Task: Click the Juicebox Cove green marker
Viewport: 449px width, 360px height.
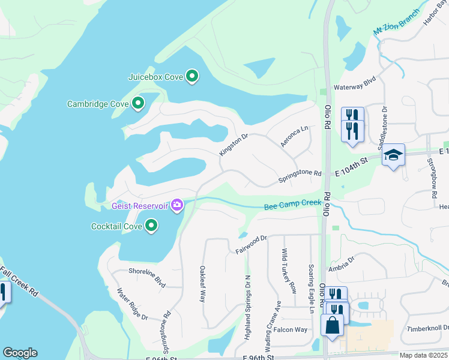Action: (x=192, y=76)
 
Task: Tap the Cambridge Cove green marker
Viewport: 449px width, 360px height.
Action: (x=137, y=104)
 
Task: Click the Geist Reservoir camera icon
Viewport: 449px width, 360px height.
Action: (x=176, y=206)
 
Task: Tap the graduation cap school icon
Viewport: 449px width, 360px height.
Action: (x=393, y=155)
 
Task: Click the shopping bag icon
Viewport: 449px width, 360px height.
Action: (x=332, y=326)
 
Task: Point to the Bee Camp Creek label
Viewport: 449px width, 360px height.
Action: (x=292, y=205)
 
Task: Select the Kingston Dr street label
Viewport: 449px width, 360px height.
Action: (x=234, y=145)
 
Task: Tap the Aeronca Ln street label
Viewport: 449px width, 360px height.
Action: (x=294, y=136)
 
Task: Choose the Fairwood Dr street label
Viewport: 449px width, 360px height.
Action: (x=251, y=243)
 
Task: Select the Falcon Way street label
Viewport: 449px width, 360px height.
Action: (x=291, y=329)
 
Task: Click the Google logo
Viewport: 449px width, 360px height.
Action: (x=20, y=353)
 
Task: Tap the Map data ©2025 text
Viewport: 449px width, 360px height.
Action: (x=423, y=355)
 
